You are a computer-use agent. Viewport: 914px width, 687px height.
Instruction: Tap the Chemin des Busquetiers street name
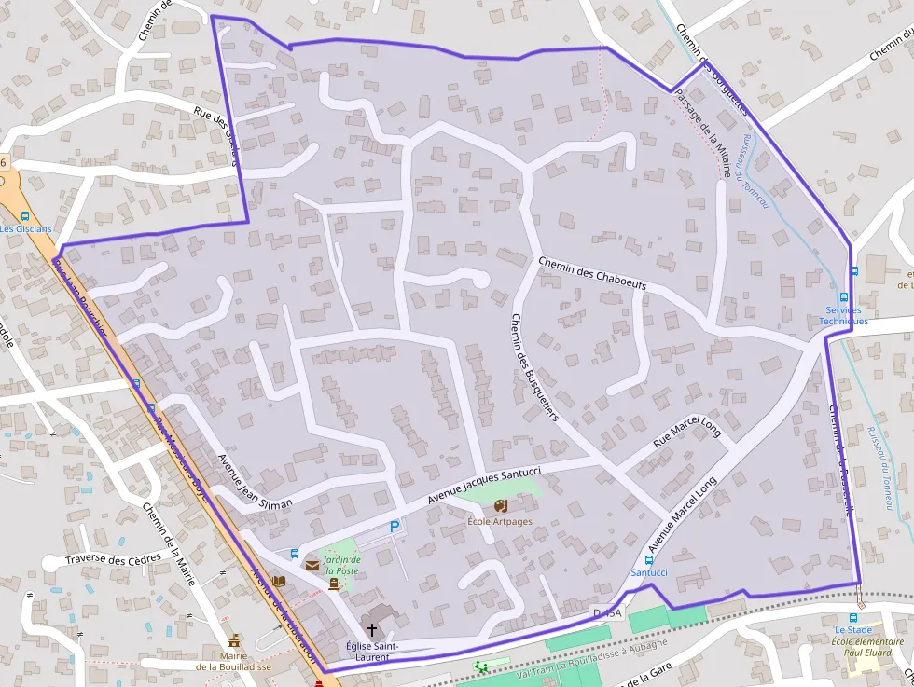[x=533, y=367]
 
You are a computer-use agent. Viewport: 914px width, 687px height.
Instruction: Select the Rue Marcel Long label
[x=686, y=433]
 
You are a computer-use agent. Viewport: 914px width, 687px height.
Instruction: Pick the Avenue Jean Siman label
[x=254, y=481]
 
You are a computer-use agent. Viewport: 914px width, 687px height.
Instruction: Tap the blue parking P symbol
[x=395, y=527]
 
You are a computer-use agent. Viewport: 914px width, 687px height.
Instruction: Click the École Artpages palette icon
[x=501, y=506]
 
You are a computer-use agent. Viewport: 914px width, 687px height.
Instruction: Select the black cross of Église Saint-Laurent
[x=373, y=630]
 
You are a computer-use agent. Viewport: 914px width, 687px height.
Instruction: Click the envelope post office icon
[x=312, y=565]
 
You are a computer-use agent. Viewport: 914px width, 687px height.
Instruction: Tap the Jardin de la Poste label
[x=341, y=565]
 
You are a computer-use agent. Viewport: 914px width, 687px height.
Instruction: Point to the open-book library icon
[x=278, y=581]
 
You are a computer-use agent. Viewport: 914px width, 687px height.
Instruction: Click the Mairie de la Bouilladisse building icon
[x=234, y=641]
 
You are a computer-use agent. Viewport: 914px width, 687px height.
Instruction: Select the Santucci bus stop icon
[x=649, y=559]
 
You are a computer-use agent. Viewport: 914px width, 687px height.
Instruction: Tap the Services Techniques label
[x=843, y=315]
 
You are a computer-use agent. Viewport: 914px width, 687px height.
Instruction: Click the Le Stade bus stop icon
[x=852, y=617]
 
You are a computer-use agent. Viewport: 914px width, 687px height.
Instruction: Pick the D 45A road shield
[x=606, y=612]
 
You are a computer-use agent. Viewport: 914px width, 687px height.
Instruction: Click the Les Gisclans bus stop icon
[x=25, y=216]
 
